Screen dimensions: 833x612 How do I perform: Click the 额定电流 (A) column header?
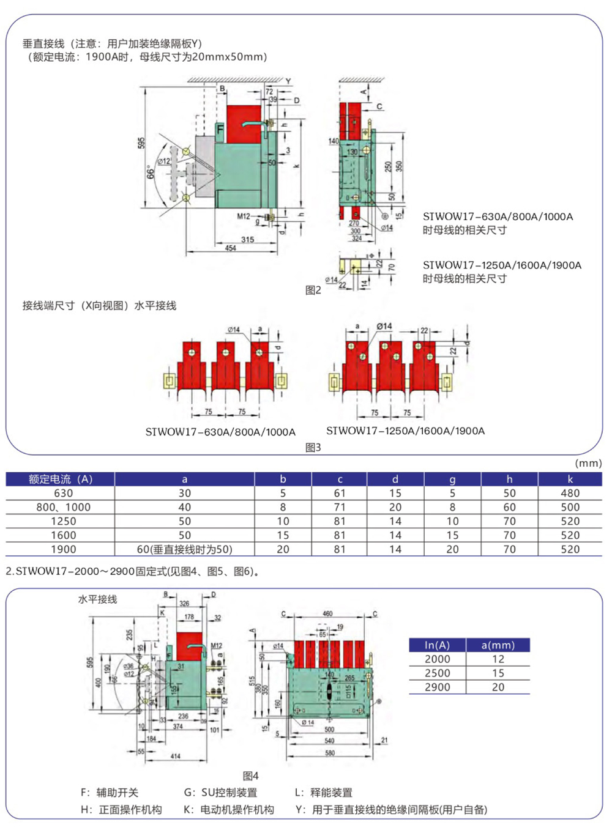click(x=60, y=479)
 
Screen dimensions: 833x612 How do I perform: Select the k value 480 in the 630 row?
click(x=570, y=493)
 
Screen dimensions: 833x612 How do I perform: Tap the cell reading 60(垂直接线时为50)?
click(x=184, y=549)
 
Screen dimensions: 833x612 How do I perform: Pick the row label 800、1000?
click(x=63, y=507)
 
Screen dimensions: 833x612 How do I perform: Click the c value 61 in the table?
click(x=340, y=493)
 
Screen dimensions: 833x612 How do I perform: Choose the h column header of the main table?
click(x=509, y=479)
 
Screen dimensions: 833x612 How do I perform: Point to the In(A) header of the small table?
click(x=437, y=645)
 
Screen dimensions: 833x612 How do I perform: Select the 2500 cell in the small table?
click(x=437, y=673)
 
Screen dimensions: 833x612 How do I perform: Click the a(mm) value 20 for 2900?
click(x=498, y=687)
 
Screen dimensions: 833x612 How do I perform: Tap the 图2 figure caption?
click(x=313, y=290)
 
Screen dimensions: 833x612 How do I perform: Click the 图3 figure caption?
click(x=313, y=448)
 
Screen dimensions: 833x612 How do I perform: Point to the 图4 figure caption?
click(x=250, y=776)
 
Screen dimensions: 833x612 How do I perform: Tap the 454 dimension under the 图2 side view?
click(x=230, y=248)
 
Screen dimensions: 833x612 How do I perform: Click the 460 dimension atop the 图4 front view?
click(x=327, y=613)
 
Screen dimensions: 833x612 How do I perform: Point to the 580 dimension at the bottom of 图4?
click(x=330, y=753)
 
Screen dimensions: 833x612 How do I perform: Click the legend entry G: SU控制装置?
click(x=220, y=793)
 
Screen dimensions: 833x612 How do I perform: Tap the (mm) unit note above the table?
click(x=588, y=463)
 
